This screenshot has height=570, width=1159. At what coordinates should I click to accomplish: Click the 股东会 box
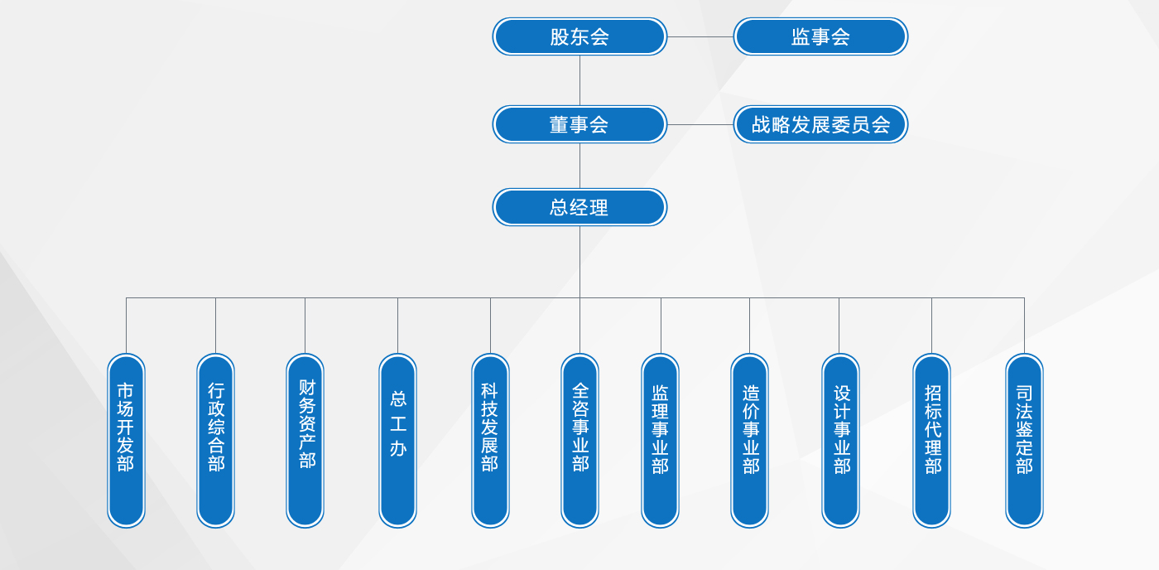[x=579, y=36]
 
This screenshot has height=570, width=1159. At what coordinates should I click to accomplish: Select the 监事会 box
[x=820, y=36]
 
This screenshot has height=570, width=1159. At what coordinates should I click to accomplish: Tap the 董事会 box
[x=579, y=125]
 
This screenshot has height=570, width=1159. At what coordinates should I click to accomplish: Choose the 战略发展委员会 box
[x=820, y=125]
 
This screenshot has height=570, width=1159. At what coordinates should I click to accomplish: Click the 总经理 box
[x=579, y=207]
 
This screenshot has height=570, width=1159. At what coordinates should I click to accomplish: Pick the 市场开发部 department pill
[x=126, y=441]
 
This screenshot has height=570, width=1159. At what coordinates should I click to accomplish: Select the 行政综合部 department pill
[x=216, y=441]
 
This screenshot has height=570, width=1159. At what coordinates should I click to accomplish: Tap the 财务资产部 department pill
[x=305, y=441]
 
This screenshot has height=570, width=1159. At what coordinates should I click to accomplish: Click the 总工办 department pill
[x=398, y=441]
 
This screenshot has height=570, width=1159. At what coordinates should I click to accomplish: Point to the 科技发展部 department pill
[x=490, y=441]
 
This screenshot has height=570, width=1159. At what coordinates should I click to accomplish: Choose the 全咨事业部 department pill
[x=580, y=441]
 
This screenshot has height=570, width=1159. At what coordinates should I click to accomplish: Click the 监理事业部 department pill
[x=661, y=441]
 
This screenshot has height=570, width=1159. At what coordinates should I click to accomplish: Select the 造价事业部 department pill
[x=750, y=441]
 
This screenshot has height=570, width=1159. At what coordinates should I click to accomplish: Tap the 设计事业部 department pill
[x=841, y=441]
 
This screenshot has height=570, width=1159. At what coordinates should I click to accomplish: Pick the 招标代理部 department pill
[x=932, y=441]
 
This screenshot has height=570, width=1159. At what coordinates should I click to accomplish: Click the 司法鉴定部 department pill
[x=1025, y=441]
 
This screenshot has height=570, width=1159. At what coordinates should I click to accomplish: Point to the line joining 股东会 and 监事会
[x=700, y=36]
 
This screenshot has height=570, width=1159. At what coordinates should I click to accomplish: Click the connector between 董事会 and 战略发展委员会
[x=700, y=125]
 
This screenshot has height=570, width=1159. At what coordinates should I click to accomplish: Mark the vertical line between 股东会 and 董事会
[x=580, y=80]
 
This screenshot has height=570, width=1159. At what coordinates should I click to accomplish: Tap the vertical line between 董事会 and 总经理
[x=580, y=167]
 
